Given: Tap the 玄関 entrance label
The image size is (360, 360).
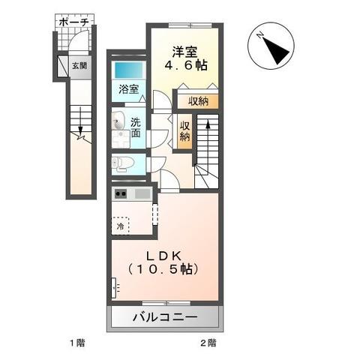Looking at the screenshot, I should (79, 65).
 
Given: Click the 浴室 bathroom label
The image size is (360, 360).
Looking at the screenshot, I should (127, 88).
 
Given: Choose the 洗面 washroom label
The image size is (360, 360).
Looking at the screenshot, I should (135, 128).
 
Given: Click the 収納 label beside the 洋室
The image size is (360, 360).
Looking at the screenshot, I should (198, 100).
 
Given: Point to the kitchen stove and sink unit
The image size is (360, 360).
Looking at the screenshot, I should (131, 194).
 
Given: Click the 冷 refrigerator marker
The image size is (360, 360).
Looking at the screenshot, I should (121, 223).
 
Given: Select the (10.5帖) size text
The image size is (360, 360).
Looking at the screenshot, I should (165, 267).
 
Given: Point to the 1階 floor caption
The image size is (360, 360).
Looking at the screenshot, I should (77, 343).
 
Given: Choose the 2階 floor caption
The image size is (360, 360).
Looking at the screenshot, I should (208, 343).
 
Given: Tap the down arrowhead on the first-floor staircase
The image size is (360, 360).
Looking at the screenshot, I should (79, 136).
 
